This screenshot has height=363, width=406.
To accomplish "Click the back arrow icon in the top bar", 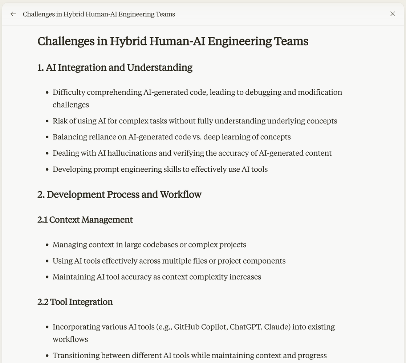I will click(x=13, y=14).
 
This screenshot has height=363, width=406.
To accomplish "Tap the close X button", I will click(x=393, y=14).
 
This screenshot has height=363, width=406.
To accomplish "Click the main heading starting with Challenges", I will click(x=173, y=41).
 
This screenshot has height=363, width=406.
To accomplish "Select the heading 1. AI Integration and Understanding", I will click(x=115, y=68).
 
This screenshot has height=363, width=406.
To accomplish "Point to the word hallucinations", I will click(x=132, y=153).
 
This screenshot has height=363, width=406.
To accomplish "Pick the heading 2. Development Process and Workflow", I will click(x=119, y=195).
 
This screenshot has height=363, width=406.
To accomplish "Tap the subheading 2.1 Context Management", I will click(x=85, y=220).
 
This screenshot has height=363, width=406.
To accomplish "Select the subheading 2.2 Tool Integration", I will click(x=75, y=302).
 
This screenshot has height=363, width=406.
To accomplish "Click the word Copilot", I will click(x=214, y=327).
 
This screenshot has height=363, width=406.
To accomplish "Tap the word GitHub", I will click(x=187, y=327).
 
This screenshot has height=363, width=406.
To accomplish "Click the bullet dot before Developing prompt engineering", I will click(x=47, y=170).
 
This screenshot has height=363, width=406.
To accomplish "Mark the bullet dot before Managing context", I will click(x=47, y=245).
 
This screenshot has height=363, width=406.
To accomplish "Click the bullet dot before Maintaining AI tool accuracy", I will click(x=47, y=277).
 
